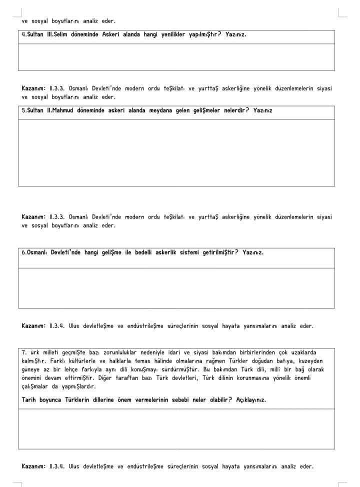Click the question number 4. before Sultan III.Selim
[x=24, y=35]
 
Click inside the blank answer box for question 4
[x=176, y=57]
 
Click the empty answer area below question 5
[x=176, y=152]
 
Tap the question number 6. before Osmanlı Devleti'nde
[x=24, y=252]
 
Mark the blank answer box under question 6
[x=176, y=288]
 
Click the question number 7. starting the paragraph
[x=24, y=352]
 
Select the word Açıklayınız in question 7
[x=251, y=399]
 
